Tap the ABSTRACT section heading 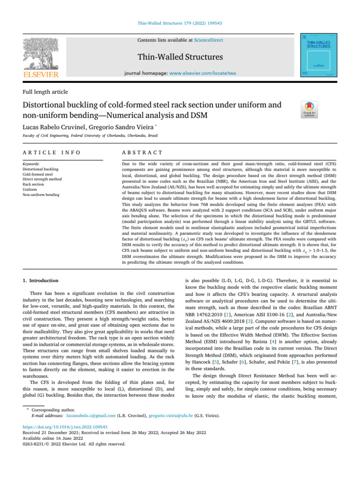[142, 153]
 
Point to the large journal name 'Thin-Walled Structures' [180, 58]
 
